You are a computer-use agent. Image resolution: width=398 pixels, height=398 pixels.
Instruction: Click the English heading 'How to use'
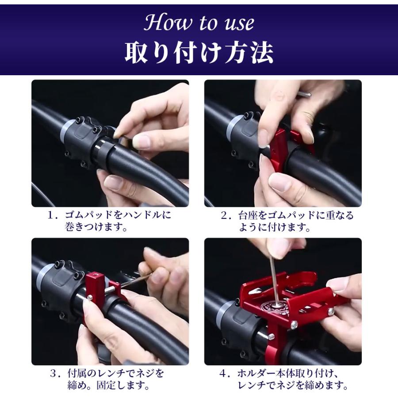coord(199,22)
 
